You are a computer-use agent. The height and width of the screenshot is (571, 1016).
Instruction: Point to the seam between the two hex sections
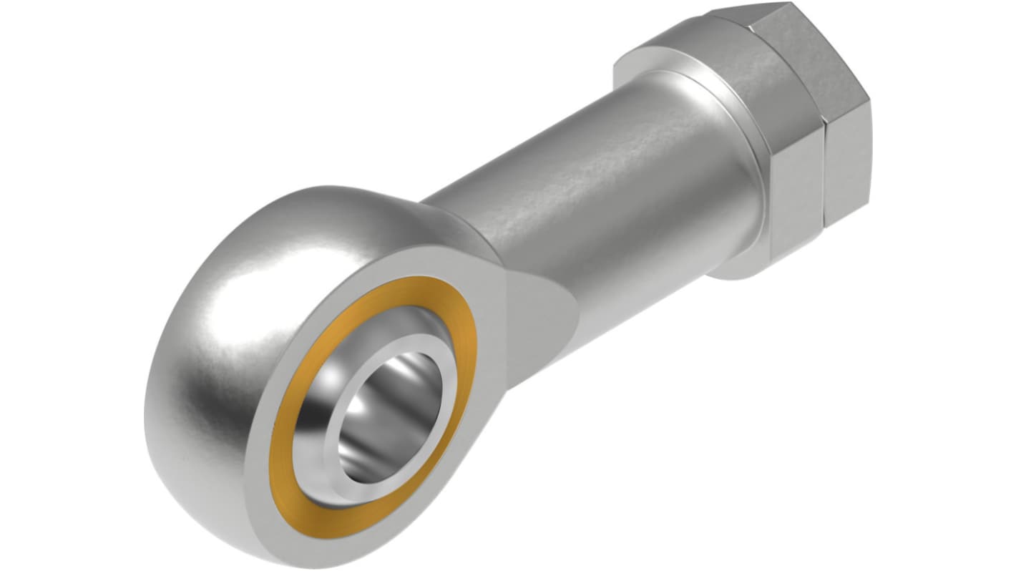[x=823, y=168]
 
